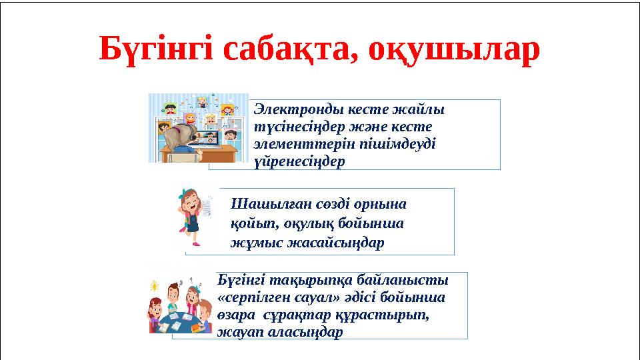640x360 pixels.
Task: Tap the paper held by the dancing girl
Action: [x=209, y=207]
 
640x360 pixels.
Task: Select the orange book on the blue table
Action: [x=197, y=327]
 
